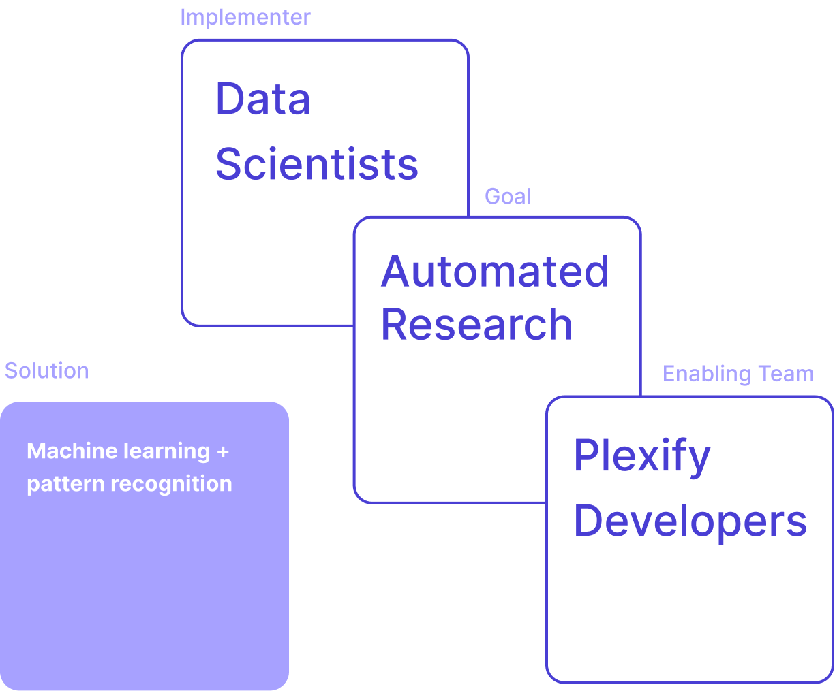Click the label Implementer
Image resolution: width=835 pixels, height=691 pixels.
pos(245,17)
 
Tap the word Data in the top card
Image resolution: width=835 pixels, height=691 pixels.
pos(263,99)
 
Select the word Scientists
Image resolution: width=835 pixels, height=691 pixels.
pos(316,165)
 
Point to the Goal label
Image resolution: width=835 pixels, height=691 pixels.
pos(508,197)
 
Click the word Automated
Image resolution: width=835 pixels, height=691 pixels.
pos(495,272)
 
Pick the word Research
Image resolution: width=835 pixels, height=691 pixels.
pos(476,324)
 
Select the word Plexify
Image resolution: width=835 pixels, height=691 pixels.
pos(642,456)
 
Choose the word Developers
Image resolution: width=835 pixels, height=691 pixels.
pos(690,521)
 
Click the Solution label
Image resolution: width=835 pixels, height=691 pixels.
pos(46,371)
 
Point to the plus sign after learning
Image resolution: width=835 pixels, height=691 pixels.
pos(223,451)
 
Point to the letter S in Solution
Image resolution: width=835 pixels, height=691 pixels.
pos(10,371)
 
